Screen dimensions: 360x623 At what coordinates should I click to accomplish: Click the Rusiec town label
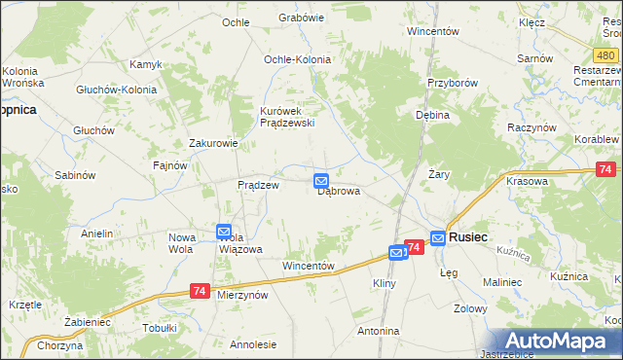(x=468, y=236)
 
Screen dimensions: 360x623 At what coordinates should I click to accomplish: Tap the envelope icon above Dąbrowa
(x=321, y=180)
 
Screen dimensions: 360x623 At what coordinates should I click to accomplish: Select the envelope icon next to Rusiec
(x=438, y=236)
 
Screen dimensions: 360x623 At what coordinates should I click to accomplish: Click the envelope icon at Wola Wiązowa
(x=224, y=232)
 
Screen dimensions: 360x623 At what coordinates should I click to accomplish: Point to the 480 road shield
(x=605, y=56)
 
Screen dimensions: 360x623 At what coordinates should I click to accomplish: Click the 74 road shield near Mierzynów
(x=200, y=291)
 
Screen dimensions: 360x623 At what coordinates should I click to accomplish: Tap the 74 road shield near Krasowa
(x=605, y=170)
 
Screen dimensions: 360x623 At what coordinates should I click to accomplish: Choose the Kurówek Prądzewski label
(x=284, y=117)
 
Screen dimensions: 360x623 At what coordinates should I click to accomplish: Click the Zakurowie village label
(x=213, y=143)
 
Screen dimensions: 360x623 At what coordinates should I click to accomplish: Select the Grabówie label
(x=301, y=18)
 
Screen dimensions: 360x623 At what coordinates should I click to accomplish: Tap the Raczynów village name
(x=531, y=127)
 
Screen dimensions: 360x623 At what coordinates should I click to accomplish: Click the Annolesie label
(x=253, y=344)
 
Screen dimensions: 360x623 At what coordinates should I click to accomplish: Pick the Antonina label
(x=378, y=331)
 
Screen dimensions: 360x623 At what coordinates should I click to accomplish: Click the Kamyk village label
(x=145, y=64)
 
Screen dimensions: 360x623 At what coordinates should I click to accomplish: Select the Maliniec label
(x=503, y=282)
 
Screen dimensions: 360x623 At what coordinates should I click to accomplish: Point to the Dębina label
(x=432, y=115)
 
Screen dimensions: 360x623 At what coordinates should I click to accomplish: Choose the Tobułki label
(x=158, y=327)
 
